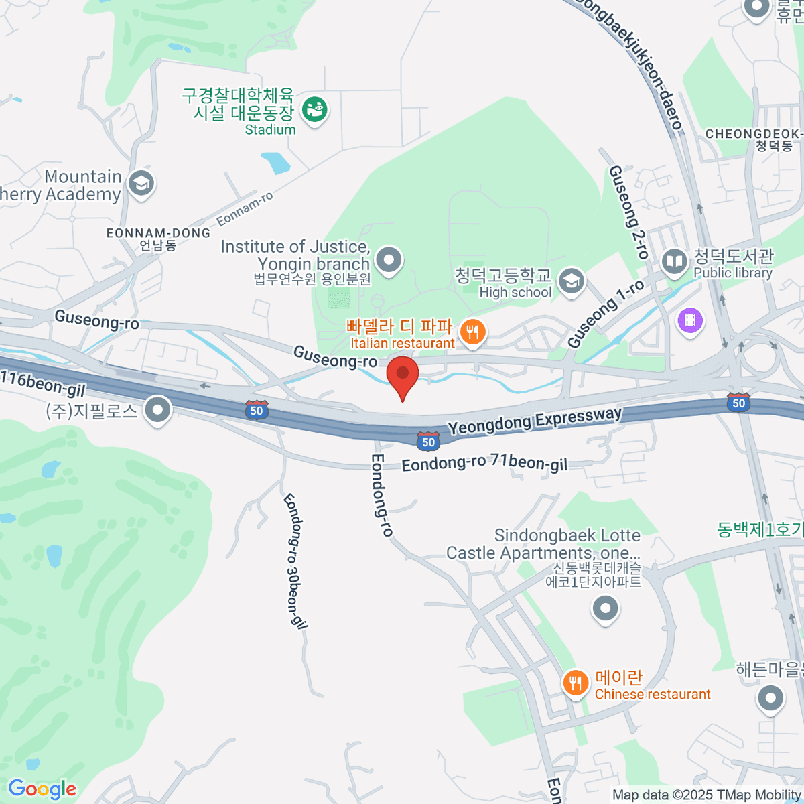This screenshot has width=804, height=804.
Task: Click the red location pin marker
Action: [403, 375]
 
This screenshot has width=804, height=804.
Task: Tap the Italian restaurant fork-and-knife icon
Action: [473, 331]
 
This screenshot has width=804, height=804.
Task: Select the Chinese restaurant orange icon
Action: [575, 683]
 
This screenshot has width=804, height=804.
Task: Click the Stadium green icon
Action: [314, 109]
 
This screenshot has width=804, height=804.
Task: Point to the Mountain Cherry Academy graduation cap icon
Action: [141, 182]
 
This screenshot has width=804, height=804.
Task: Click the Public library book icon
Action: [675, 261]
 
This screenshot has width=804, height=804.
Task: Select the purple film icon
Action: [690, 320]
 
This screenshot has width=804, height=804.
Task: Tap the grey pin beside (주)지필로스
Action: [158, 409]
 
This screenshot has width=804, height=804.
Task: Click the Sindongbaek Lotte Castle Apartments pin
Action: [606, 609]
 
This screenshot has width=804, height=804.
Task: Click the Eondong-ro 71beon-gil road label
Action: [484, 463]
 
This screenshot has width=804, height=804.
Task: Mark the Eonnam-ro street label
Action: [245, 208]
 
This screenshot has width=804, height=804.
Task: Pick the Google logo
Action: [42, 789]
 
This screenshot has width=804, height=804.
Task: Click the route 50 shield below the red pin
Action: [429, 442]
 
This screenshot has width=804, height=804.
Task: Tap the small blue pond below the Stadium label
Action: [275, 163]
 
